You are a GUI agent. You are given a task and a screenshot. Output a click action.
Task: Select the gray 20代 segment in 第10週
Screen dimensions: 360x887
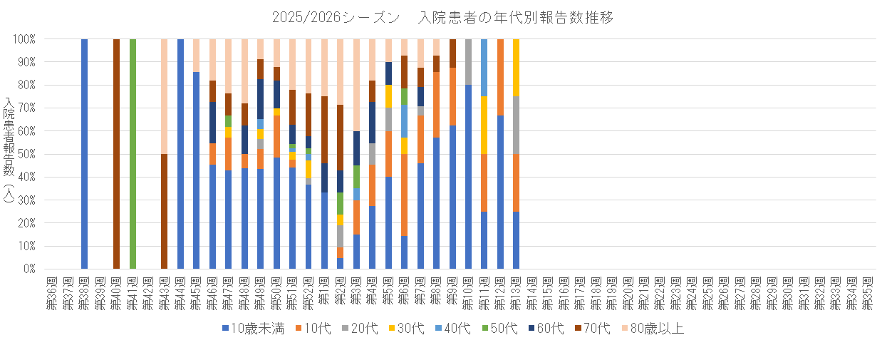pyautogui.click(x=468, y=62)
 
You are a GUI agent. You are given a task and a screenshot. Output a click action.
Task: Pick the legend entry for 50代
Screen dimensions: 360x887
pyautogui.click(x=502, y=329)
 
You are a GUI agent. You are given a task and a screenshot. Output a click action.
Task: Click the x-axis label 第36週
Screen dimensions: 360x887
pyautogui.click(x=52, y=291)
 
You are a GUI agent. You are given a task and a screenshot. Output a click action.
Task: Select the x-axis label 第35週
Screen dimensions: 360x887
pyautogui.click(x=868, y=291)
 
